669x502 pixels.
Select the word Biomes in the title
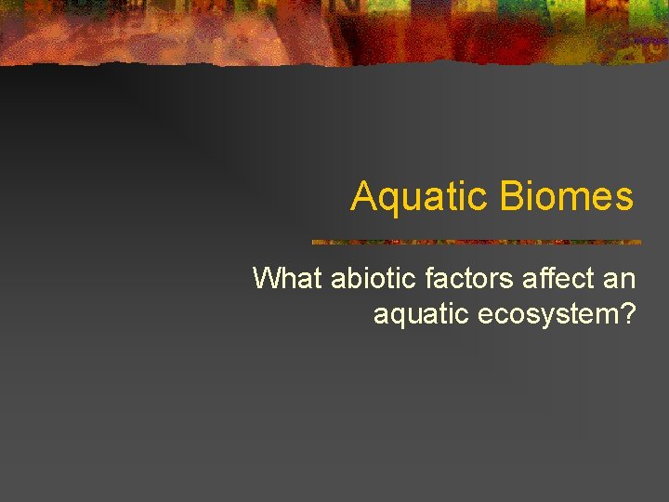coord(566,197)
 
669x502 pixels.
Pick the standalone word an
coord(619,278)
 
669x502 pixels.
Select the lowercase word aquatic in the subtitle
coord(421,314)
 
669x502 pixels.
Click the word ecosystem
coord(548,314)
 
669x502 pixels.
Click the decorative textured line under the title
coord(476,242)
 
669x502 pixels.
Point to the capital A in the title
coord(363,197)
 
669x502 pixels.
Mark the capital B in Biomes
coord(511,197)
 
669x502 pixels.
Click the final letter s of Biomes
coord(625,199)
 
